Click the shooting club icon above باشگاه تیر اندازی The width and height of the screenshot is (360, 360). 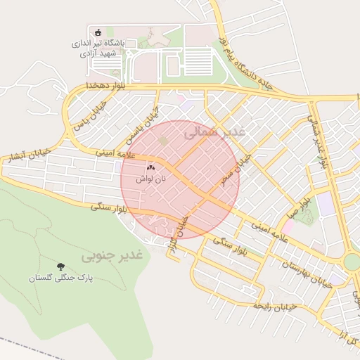98,32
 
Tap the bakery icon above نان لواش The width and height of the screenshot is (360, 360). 150,168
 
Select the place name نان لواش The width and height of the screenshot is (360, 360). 150,180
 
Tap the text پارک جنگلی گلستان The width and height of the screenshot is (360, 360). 61,278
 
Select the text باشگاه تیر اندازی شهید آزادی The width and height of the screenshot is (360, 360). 98,48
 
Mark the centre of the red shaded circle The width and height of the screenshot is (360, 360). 180,179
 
